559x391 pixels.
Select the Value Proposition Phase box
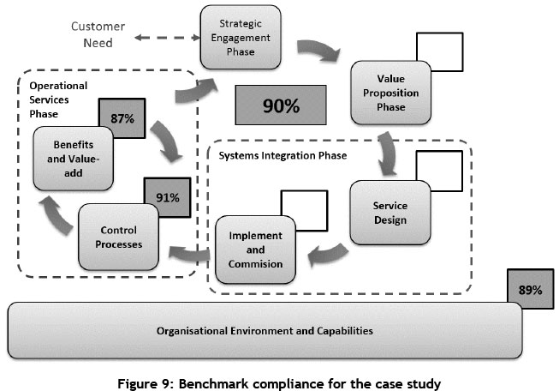pos(390,93)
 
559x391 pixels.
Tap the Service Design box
pos(390,212)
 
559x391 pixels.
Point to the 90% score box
pos(281,107)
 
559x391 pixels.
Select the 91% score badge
pos(168,197)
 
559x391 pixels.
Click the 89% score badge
pos(530,290)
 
